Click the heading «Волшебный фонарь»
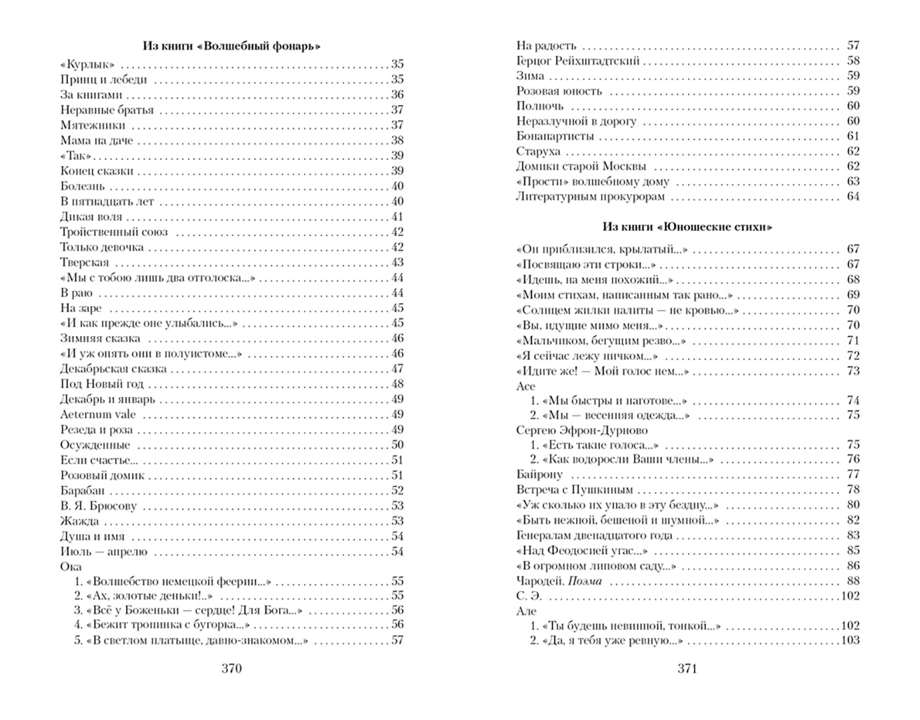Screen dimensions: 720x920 pos(231,46)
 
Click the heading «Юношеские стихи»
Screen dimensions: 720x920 pos(687,227)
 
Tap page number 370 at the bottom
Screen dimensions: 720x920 pos(231,669)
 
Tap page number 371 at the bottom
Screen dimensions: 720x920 pos(687,669)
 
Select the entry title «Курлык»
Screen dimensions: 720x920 pos(87,65)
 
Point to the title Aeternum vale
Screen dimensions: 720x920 pos(97,415)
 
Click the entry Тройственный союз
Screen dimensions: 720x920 pos(114,232)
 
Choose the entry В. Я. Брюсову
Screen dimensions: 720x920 pos(98,506)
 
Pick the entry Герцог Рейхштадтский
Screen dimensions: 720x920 pos(578,61)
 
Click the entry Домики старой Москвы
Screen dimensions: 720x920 pos(581,167)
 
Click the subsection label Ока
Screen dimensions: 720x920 pos(71,567)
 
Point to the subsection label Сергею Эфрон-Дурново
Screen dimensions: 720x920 pos(582,430)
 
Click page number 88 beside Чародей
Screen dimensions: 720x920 pos(853,581)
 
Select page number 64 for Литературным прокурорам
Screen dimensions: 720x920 pos(853,197)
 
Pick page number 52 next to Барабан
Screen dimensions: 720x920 pos(397,491)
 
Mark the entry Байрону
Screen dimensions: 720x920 pos(539,475)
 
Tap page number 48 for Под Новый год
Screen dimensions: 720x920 pos(397,384)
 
